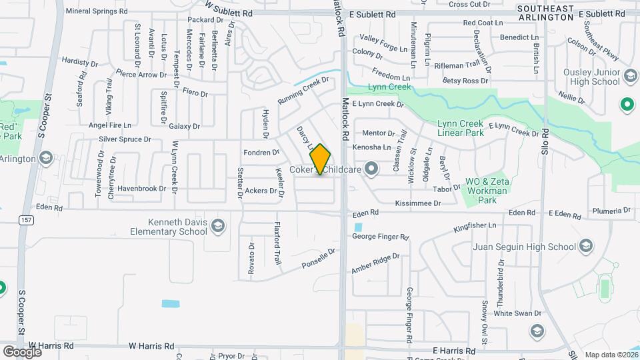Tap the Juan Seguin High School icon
tap(586, 247)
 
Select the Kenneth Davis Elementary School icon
tap(217, 227)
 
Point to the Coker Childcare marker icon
tap(371, 169)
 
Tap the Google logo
tap(22, 351)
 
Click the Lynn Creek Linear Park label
tap(461, 129)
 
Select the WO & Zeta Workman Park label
tap(487, 190)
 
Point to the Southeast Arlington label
tap(545, 13)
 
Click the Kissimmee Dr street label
tap(418, 203)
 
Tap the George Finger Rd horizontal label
tap(379, 237)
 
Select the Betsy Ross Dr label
tap(465, 81)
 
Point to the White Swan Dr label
tap(517, 313)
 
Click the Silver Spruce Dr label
tap(125, 139)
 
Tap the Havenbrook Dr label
tap(141, 189)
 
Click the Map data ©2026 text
tap(609, 355)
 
